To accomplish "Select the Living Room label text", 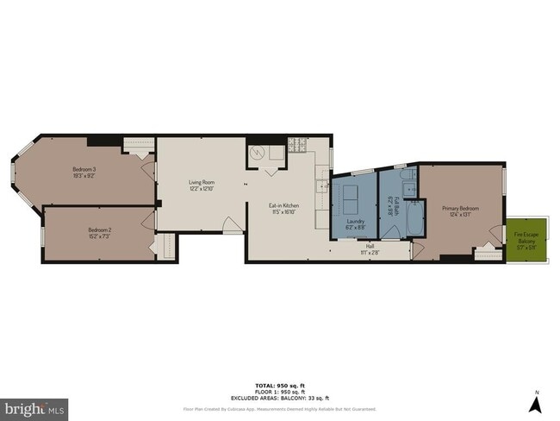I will pos(202,183).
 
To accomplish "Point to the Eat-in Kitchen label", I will pos(283,207).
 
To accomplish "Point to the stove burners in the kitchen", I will pos(297,144).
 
